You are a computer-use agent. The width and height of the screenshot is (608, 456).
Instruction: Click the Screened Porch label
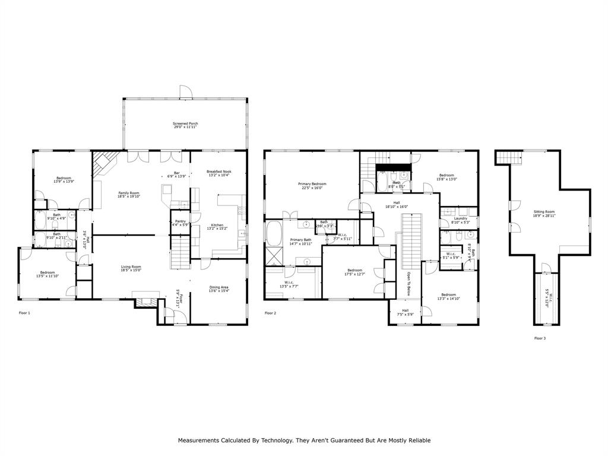tap(186, 125)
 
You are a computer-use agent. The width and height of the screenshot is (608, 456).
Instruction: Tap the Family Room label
tap(129, 194)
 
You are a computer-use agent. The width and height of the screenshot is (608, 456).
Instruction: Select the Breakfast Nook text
tap(219, 173)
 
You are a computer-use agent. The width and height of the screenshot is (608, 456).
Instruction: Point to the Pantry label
tap(180, 223)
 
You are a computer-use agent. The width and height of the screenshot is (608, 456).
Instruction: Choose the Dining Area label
tap(219, 289)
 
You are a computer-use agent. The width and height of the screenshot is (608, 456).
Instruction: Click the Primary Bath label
tap(300, 242)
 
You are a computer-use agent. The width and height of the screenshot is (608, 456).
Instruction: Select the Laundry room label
tap(460, 220)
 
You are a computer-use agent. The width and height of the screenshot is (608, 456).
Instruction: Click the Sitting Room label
tap(544, 214)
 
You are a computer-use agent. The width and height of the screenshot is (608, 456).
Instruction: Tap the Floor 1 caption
tap(24, 313)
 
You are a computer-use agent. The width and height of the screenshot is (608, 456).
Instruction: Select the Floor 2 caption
tap(270, 313)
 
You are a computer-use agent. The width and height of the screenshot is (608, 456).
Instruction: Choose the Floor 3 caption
tap(540, 338)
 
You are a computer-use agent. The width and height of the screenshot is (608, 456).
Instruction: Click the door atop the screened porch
tap(186, 92)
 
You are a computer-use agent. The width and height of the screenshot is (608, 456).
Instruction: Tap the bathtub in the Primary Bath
tap(274, 233)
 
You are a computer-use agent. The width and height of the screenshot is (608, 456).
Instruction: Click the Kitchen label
tap(217, 227)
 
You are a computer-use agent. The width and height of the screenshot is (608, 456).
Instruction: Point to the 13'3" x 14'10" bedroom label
tap(448, 297)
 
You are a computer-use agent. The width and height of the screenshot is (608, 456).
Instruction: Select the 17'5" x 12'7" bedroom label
tap(354, 272)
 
